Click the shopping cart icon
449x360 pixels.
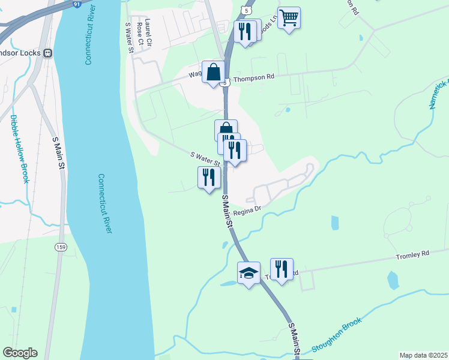(289, 18)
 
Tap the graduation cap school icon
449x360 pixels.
(249, 274)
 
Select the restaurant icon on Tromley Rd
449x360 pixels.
(281, 269)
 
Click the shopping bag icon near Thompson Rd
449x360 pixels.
(213, 73)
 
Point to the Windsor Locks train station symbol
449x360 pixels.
(47, 53)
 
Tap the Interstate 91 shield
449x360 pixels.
(77, 3)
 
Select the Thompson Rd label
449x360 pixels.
(253, 77)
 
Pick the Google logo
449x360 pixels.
(20, 353)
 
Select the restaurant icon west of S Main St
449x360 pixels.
(209, 178)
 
